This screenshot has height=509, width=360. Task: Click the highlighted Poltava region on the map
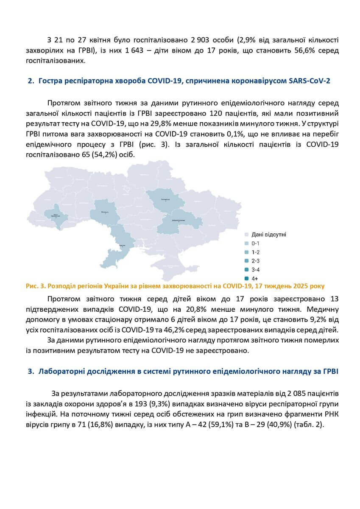[x=166, y=200]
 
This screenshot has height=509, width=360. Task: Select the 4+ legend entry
[x=255, y=278]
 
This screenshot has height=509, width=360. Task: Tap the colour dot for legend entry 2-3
[x=246, y=260]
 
